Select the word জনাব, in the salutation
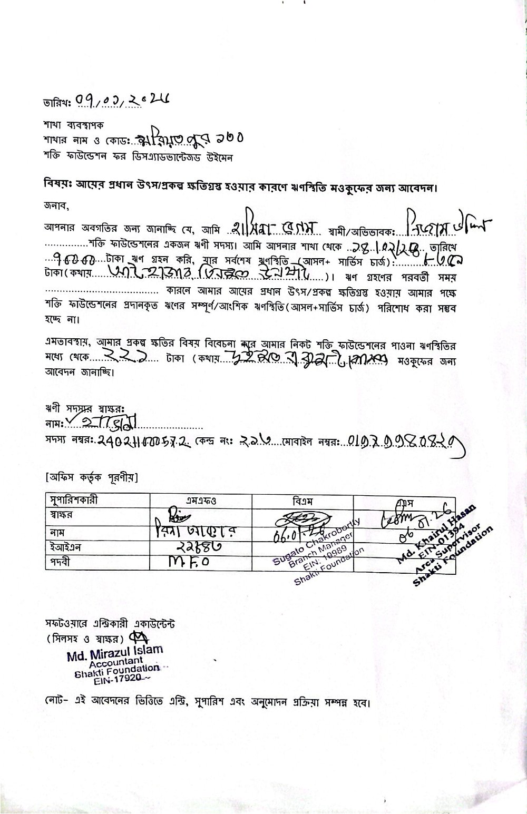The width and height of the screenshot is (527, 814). [x=56, y=204]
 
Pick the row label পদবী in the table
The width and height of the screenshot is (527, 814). [x=59, y=562]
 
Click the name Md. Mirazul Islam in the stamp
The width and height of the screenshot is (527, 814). [x=115, y=652]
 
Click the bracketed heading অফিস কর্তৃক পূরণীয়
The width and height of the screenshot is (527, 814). [x=92, y=478]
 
